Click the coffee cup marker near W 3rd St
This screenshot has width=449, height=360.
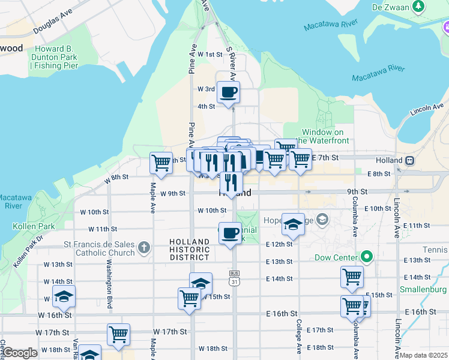[x=228, y=92]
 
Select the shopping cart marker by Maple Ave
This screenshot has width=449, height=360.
[x=161, y=162]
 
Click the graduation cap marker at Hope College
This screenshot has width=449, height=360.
[x=292, y=224]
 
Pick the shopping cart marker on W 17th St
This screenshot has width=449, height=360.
[x=118, y=334]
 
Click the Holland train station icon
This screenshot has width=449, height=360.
[x=411, y=161]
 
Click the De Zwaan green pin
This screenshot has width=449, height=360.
[x=419, y=7]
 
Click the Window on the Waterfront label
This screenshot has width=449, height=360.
[x=325, y=136]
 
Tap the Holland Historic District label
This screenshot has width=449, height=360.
[x=189, y=249]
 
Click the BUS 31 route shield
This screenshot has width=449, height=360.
[x=234, y=277]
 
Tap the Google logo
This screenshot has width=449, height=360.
[x=20, y=353]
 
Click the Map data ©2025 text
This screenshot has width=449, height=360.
[x=423, y=355]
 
